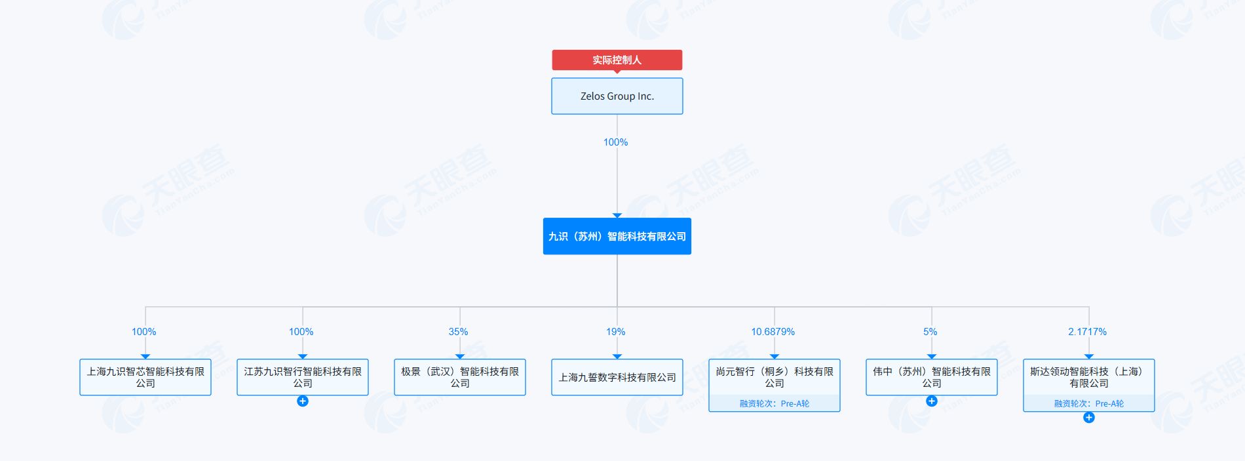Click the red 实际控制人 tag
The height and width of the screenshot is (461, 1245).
point(617,60)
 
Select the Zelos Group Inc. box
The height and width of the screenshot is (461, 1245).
point(617,96)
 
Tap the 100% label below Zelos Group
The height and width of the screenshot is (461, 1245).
point(615,142)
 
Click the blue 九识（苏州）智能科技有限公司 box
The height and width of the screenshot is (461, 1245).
point(617,236)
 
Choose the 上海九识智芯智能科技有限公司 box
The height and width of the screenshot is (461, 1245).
point(145,377)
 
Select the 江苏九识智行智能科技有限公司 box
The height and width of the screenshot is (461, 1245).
point(303,377)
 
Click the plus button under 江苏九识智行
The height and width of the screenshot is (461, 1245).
point(303,401)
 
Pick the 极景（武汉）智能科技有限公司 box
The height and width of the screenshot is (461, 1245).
point(460,377)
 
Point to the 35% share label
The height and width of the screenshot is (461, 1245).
point(458,332)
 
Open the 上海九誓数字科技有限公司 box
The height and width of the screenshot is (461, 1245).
point(617,377)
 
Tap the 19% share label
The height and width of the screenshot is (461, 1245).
point(615,332)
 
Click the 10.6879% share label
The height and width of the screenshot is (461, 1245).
point(773,332)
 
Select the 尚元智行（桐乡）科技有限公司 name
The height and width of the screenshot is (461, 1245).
point(775,377)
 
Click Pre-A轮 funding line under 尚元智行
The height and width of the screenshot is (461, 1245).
point(775,404)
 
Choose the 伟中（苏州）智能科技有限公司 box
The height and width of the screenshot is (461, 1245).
point(932,377)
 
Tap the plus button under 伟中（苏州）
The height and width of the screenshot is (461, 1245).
point(932,401)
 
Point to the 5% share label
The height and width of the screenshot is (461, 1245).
point(930,332)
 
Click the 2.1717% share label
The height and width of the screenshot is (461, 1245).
point(1087,332)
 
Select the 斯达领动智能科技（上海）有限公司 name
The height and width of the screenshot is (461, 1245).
point(1089,377)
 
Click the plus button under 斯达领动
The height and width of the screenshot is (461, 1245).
point(1089,418)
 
